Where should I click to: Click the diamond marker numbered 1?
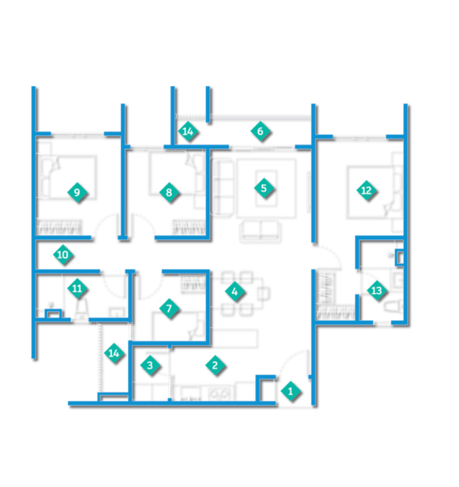tap(290, 391)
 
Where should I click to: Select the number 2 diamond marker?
tap(215, 365)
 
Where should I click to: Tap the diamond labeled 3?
tap(150, 365)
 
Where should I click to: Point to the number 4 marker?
tap(234, 291)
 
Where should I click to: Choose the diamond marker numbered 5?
tap(264, 188)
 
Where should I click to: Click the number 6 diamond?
tap(260, 131)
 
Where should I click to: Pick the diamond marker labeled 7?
tap(169, 308)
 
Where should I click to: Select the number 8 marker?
tap(169, 192)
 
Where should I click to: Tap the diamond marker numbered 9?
tap(77, 192)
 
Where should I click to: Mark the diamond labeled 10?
tap(63, 255)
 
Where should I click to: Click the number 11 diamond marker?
tap(77, 288)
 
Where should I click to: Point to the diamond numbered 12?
tap(367, 191)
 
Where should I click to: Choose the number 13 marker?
tap(377, 291)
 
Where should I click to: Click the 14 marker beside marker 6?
tap(188, 131)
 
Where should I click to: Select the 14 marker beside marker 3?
tap(114, 353)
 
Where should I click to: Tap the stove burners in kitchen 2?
tap(220, 393)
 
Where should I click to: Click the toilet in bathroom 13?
tap(393, 307)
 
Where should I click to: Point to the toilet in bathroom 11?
tap(80, 309)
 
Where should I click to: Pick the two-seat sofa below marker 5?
tap(260, 231)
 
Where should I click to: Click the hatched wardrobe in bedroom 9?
tap(59, 226)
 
